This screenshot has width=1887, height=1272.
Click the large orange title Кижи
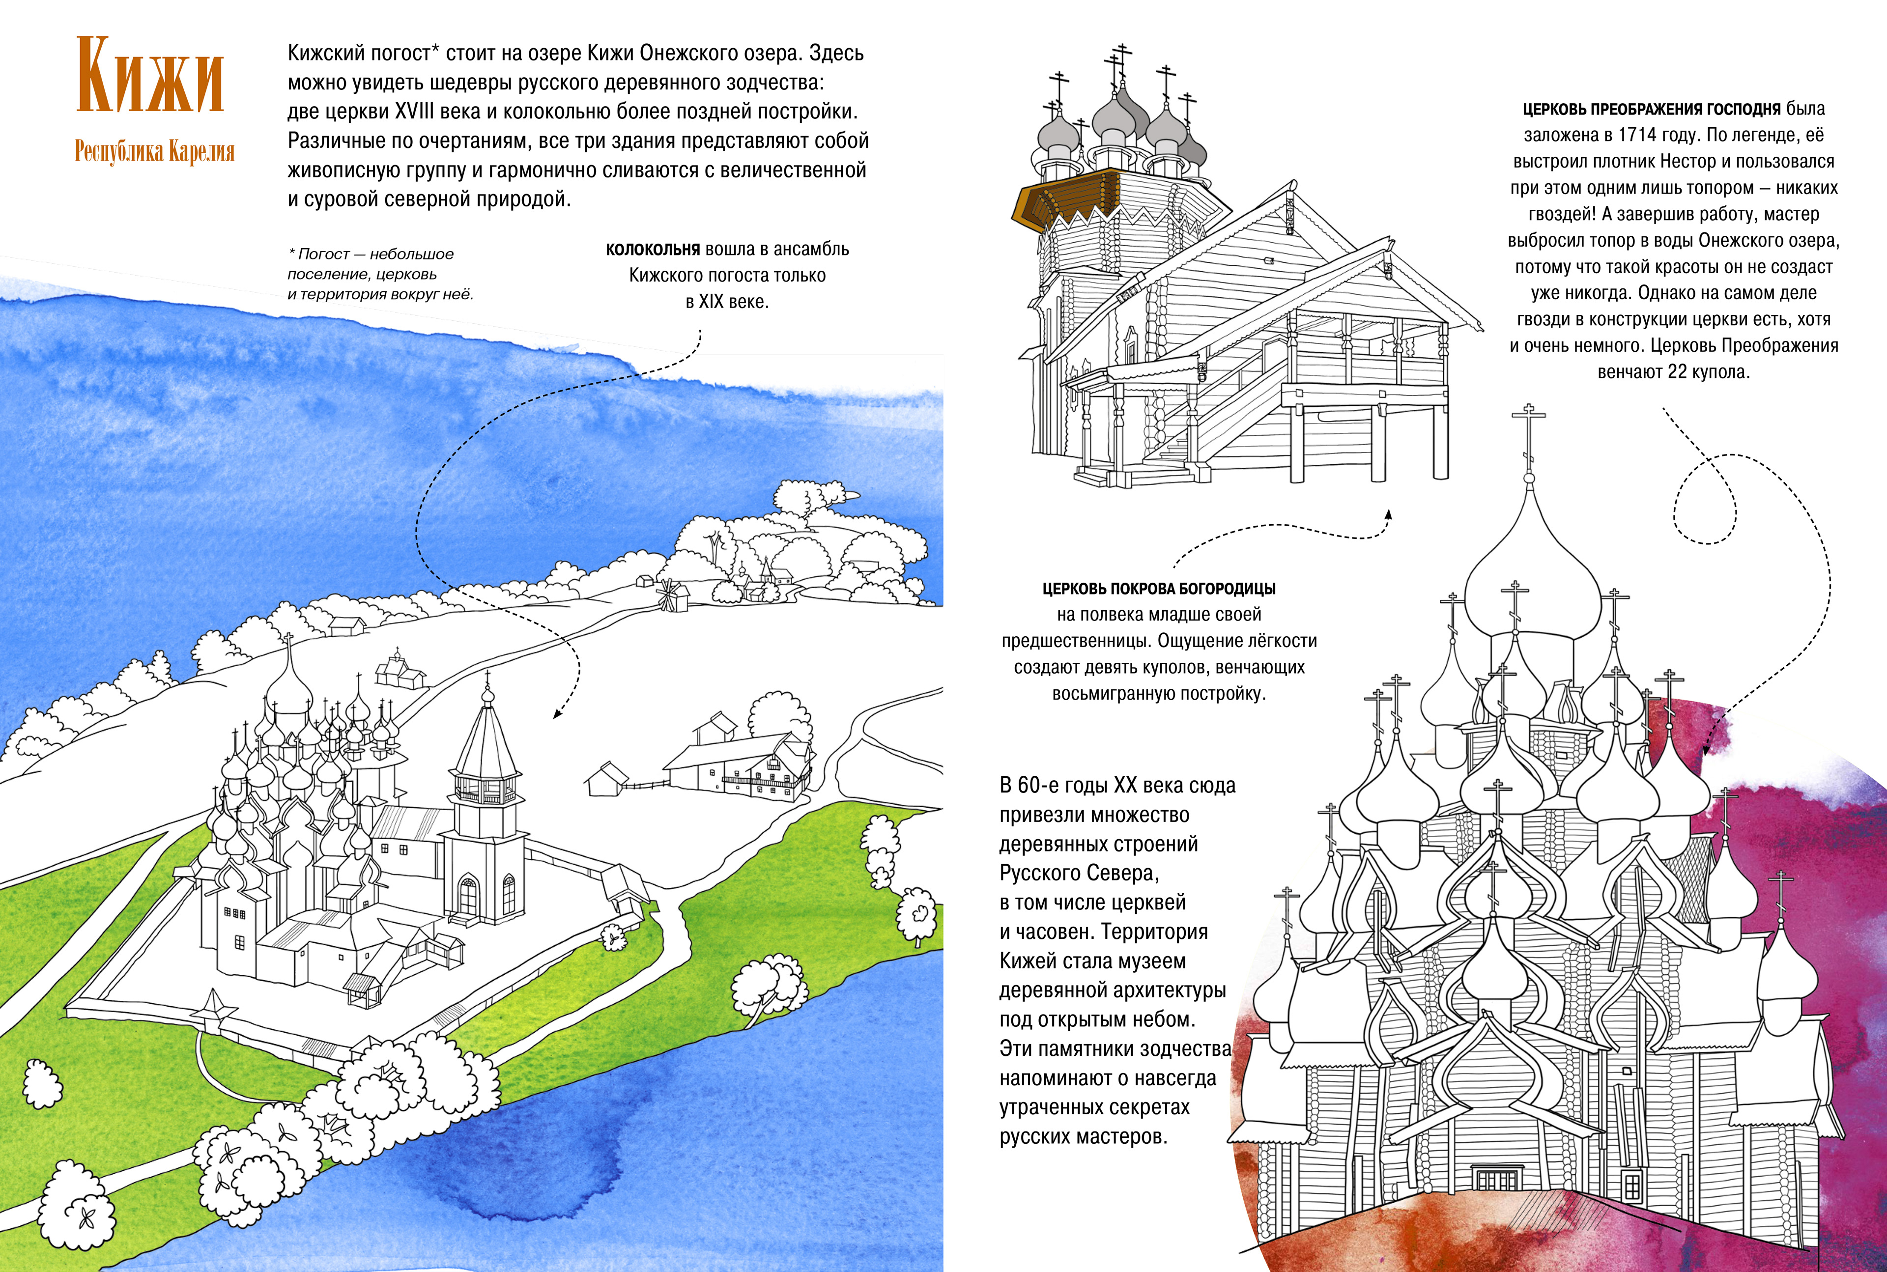pos(150,76)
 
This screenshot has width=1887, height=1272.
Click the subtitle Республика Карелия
pos(154,152)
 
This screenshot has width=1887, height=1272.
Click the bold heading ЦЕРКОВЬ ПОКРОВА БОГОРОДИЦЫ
pos(1158,589)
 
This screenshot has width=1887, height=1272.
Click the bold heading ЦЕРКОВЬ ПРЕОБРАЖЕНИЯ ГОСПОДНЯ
pos(1651,109)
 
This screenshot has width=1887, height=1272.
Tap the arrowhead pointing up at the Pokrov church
pos(1388,513)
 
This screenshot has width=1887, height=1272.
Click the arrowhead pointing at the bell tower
pos(557,714)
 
